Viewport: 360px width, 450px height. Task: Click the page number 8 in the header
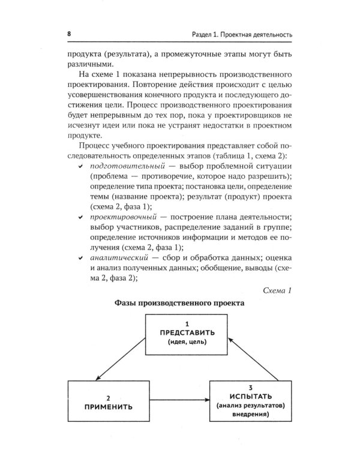click(70, 34)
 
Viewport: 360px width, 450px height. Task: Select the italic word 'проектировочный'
click(116, 217)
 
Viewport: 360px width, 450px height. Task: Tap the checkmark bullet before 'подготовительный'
click(80, 166)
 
